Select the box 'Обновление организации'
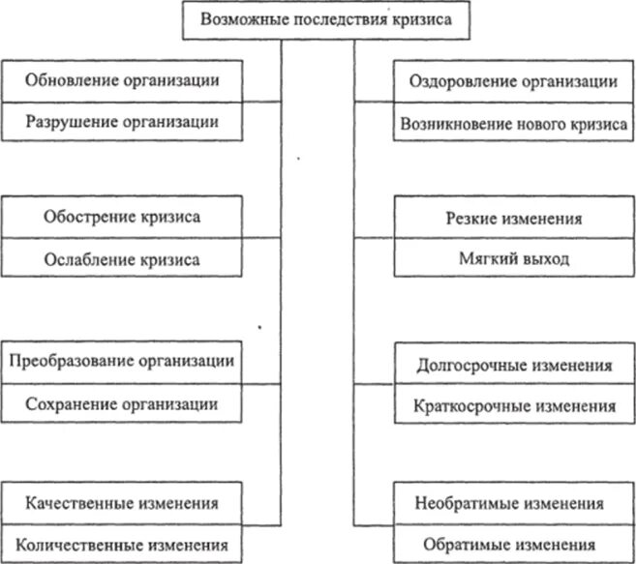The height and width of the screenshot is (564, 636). (x=122, y=80)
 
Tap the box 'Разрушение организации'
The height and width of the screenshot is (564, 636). (x=122, y=122)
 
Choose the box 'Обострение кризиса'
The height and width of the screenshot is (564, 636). (x=122, y=216)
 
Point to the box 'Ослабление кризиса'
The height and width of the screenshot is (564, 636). (x=122, y=259)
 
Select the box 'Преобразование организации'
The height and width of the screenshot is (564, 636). (x=122, y=361)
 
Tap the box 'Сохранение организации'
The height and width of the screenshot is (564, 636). (x=122, y=403)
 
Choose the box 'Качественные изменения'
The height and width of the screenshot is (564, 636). (x=122, y=503)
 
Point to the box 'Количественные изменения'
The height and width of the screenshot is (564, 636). (x=122, y=543)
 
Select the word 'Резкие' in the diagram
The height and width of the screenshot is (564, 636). (x=472, y=219)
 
